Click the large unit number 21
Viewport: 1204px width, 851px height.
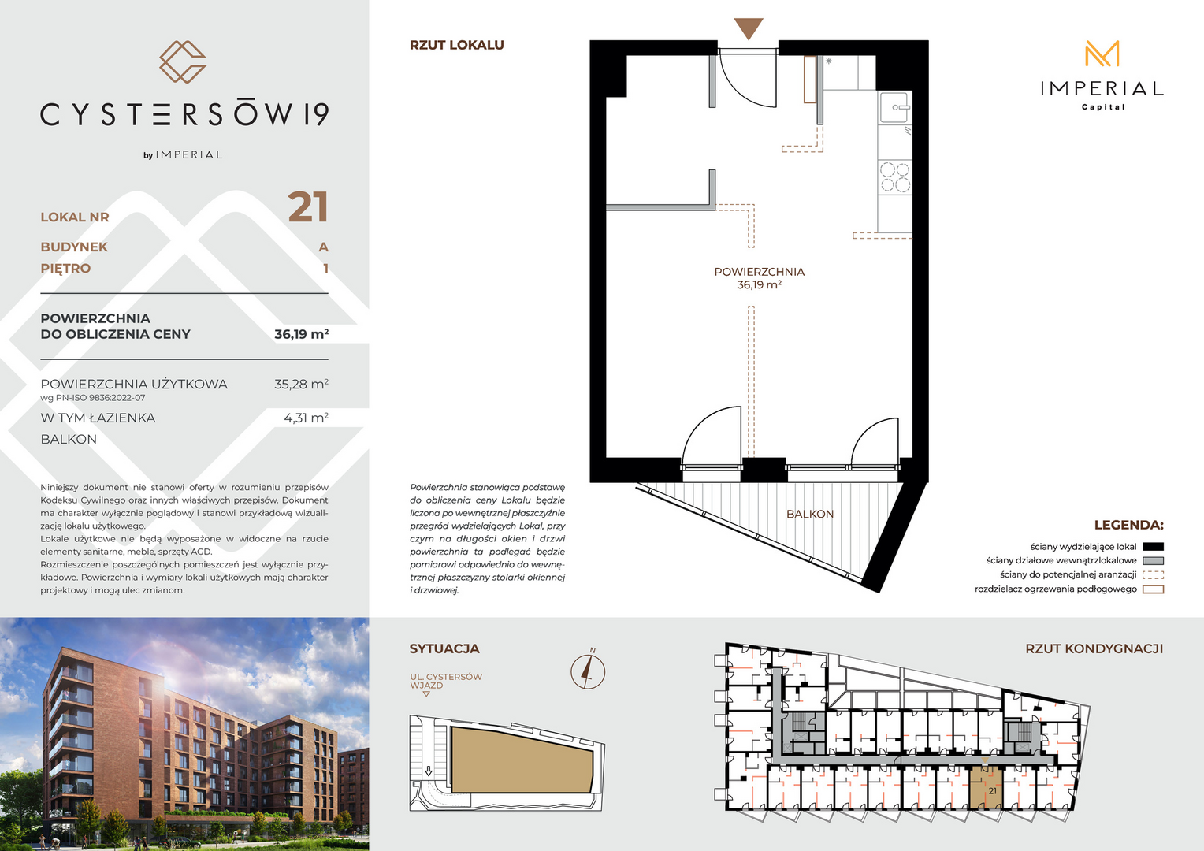click(x=308, y=207)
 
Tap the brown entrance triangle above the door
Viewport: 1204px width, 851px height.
click(x=749, y=28)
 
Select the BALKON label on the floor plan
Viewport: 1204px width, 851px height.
click(x=809, y=514)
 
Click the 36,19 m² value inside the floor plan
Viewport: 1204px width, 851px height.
click(x=759, y=285)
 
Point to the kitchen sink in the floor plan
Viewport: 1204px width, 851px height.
click(x=895, y=107)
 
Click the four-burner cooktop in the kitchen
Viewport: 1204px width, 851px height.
click(x=895, y=177)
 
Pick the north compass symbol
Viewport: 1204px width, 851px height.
click(x=588, y=671)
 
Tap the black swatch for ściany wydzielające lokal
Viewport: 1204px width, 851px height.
click(x=1153, y=547)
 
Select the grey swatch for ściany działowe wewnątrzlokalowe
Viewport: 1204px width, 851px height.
click(x=1153, y=561)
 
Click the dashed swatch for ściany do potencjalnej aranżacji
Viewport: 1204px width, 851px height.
click(x=1153, y=575)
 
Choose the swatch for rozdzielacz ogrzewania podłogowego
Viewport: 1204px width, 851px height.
click(x=1153, y=589)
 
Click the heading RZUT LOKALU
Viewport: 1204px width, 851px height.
click(x=457, y=45)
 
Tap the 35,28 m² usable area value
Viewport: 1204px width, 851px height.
click(x=301, y=384)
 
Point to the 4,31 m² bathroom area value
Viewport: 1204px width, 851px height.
click(x=306, y=418)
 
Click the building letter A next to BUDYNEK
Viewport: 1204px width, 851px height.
click(x=323, y=247)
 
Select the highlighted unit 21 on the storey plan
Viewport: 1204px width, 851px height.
click(x=986, y=787)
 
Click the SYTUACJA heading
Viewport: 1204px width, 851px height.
click(x=444, y=648)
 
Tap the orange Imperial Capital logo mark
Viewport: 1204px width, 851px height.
click(x=1102, y=54)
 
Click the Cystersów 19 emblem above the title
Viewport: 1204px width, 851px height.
click(x=183, y=61)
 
